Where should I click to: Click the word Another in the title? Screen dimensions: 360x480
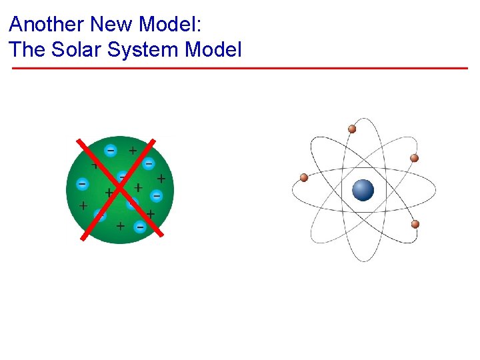[x=47, y=25]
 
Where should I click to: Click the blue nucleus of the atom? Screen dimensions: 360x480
[x=363, y=190]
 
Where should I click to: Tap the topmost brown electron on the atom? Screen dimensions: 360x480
[x=352, y=129]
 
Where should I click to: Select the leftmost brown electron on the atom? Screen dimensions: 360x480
[x=304, y=177]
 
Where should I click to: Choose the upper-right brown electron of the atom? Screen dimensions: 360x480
[x=414, y=158]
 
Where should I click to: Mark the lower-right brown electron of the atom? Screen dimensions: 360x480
[x=415, y=224]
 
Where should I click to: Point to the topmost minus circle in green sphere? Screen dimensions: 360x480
[x=111, y=150]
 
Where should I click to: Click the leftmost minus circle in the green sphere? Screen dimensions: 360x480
[x=82, y=183]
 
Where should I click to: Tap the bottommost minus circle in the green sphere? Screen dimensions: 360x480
[x=140, y=227]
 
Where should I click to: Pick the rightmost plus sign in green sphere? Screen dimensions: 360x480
[x=161, y=179]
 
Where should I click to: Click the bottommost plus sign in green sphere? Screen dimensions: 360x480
[x=120, y=226]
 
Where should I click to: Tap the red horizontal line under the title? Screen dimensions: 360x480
[x=240, y=68]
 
